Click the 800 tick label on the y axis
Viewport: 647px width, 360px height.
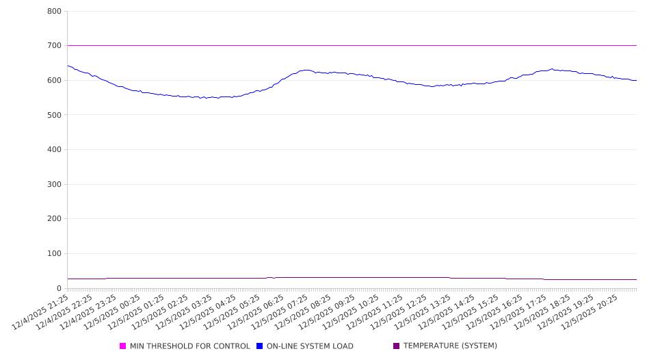click(x=55, y=12)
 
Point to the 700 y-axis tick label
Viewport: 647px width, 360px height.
click(x=55, y=46)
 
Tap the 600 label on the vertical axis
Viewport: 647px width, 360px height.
click(x=55, y=81)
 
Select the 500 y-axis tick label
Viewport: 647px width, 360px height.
click(x=55, y=115)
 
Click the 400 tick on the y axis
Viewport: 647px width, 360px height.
click(x=55, y=150)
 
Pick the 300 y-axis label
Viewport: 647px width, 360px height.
click(x=55, y=185)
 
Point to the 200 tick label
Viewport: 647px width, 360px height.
click(x=55, y=219)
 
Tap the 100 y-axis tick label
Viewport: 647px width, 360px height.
click(x=55, y=254)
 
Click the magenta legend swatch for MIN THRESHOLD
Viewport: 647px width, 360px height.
click(x=123, y=346)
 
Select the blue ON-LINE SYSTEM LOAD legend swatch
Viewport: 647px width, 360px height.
click(x=260, y=346)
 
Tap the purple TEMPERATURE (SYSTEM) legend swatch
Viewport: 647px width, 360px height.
click(x=397, y=346)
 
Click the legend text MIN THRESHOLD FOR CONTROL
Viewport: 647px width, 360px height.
click(x=189, y=346)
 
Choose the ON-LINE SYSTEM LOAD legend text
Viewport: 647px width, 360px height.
click(x=310, y=346)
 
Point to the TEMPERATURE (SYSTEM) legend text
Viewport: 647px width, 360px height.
click(x=450, y=346)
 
